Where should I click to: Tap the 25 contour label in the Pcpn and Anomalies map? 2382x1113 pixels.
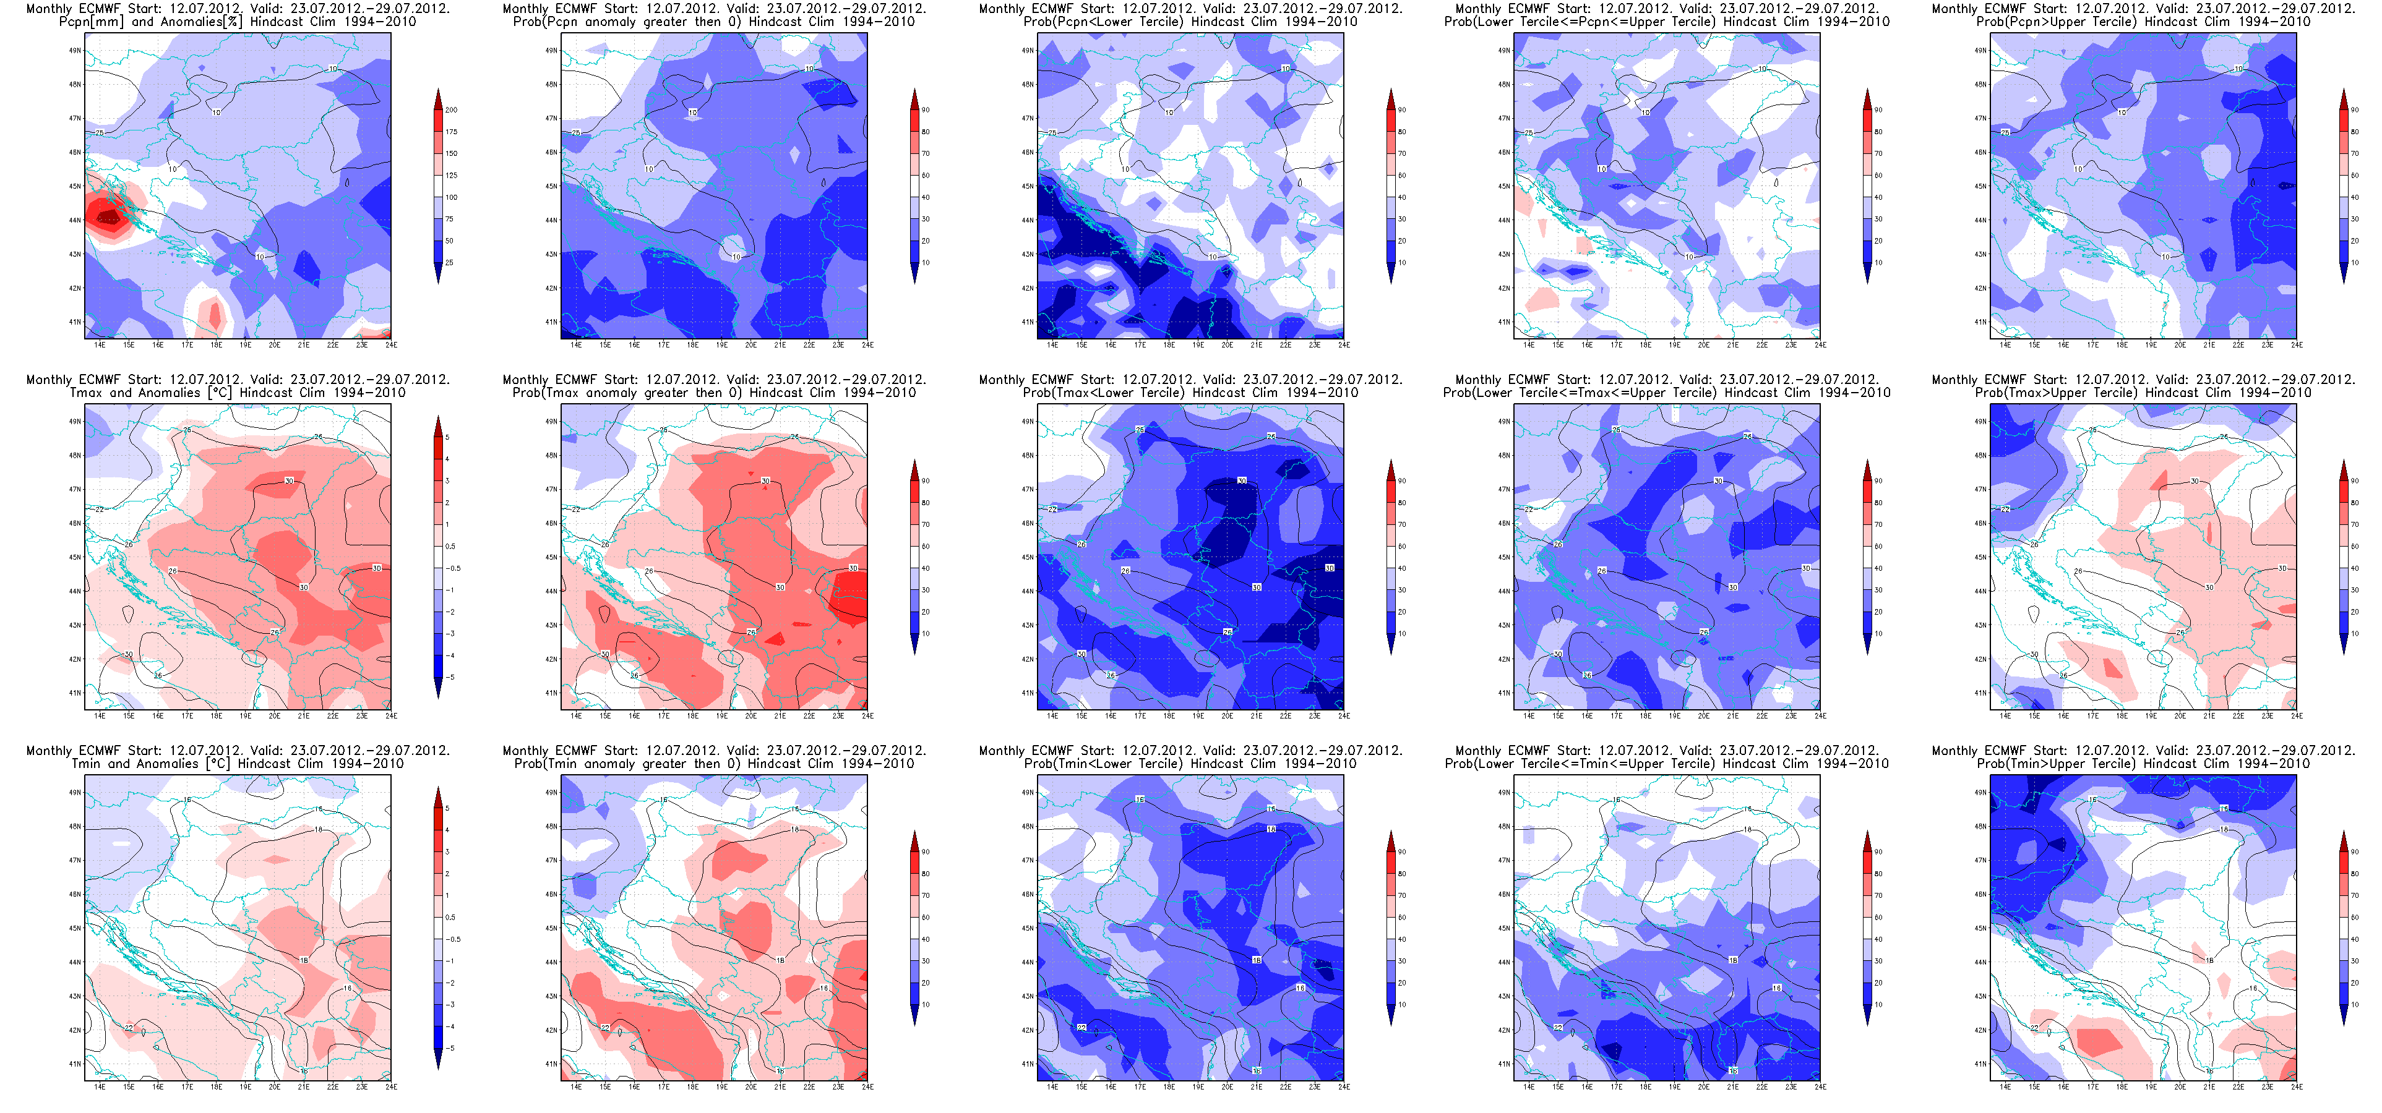[x=99, y=133]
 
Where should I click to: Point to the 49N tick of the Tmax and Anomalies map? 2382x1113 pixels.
[x=75, y=422]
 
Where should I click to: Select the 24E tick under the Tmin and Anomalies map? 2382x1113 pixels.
[x=391, y=1087]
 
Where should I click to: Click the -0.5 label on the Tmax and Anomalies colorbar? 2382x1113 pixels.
[x=453, y=568]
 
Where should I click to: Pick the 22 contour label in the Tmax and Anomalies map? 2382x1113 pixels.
[x=99, y=510]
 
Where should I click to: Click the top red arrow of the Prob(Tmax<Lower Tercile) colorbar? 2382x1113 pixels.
[x=1391, y=469]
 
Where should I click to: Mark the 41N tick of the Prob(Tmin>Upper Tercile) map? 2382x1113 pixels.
[x=1980, y=1064]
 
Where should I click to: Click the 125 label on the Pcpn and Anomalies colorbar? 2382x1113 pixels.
[x=451, y=176]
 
